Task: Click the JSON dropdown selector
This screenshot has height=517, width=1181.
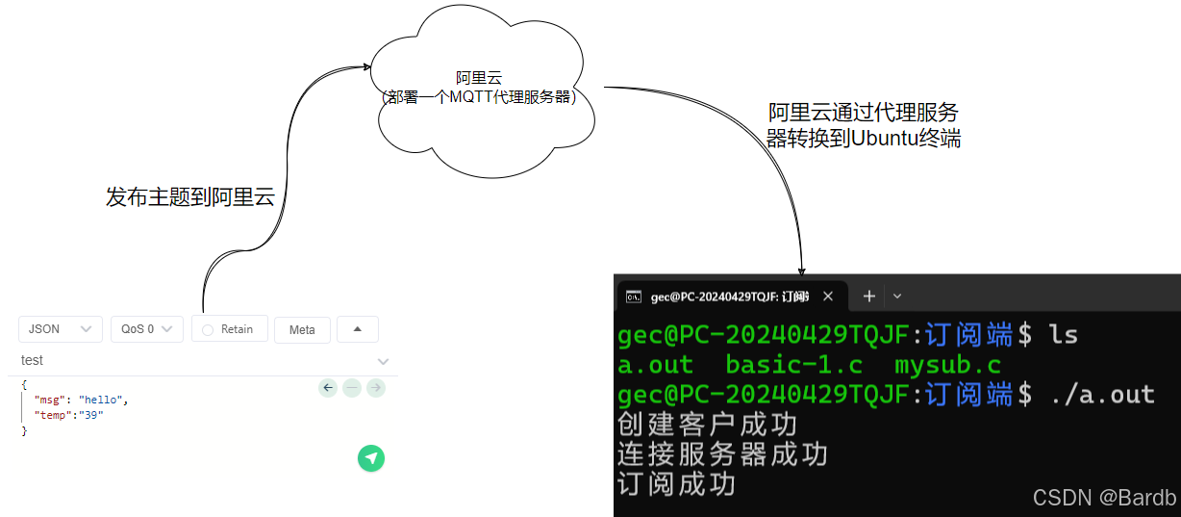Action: coord(60,329)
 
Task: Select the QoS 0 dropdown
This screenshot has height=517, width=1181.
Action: coord(146,329)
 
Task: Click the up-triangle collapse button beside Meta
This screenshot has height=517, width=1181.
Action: coord(357,329)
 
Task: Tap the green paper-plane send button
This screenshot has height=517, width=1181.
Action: coord(371,458)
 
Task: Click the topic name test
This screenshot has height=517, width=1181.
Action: coord(33,360)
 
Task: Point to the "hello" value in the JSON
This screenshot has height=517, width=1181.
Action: coord(102,400)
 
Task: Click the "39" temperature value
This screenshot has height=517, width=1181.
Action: coord(90,415)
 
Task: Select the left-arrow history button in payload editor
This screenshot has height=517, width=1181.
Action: coord(328,387)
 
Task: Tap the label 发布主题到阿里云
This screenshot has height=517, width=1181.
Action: coord(190,198)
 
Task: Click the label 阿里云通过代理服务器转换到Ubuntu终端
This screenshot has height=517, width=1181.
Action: coord(863,125)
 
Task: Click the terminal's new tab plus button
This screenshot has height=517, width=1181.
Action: coord(868,296)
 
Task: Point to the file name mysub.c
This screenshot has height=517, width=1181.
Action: coord(947,366)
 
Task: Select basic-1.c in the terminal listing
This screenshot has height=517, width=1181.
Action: coord(793,366)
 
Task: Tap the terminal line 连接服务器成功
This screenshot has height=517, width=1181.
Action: coord(722,453)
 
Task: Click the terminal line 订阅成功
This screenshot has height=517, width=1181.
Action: coord(676,483)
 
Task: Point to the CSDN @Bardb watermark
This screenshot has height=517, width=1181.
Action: coord(1104,497)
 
